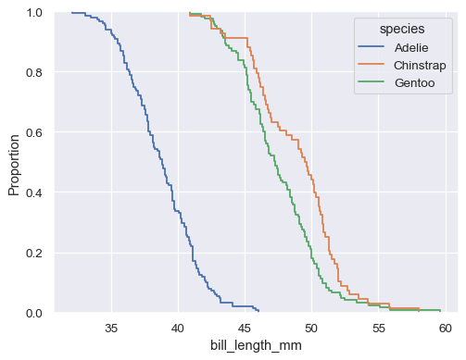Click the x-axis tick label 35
[x=111, y=328]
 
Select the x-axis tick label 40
[x=178, y=328]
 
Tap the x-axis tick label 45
[x=245, y=328]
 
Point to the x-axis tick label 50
[x=311, y=328]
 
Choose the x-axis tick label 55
[x=378, y=328]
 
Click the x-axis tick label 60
[x=444, y=328]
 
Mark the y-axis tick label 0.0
[x=35, y=313]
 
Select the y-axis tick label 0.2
[x=35, y=253]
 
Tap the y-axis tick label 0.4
[x=35, y=192]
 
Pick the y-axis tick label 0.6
[x=35, y=132]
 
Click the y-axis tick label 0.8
[x=35, y=72]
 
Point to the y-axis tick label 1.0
[x=35, y=13]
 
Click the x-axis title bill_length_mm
[x=250, y=345]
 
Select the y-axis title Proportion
[x=14, y=163]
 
